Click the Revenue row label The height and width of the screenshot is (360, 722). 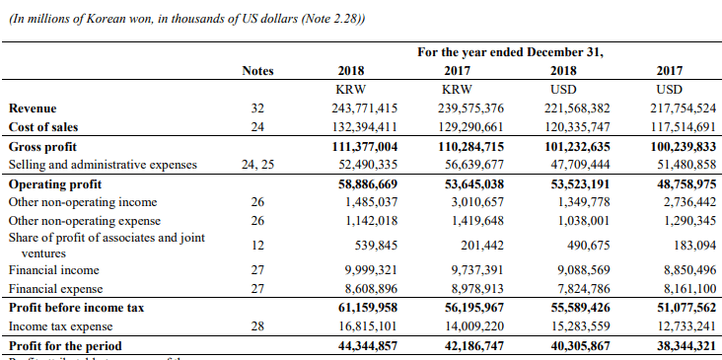point(33,108)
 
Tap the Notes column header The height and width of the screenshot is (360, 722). point(257,71)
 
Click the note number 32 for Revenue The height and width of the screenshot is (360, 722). point(257,108)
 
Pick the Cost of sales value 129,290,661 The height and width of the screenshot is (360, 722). point(470,127)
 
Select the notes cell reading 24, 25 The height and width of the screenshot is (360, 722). point(257,165)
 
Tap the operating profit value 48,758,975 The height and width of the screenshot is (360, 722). point(680,183)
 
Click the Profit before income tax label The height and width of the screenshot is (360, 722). point(76,308)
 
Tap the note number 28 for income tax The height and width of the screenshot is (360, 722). point(257,326)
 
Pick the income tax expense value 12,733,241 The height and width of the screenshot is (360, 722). point(680,326)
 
